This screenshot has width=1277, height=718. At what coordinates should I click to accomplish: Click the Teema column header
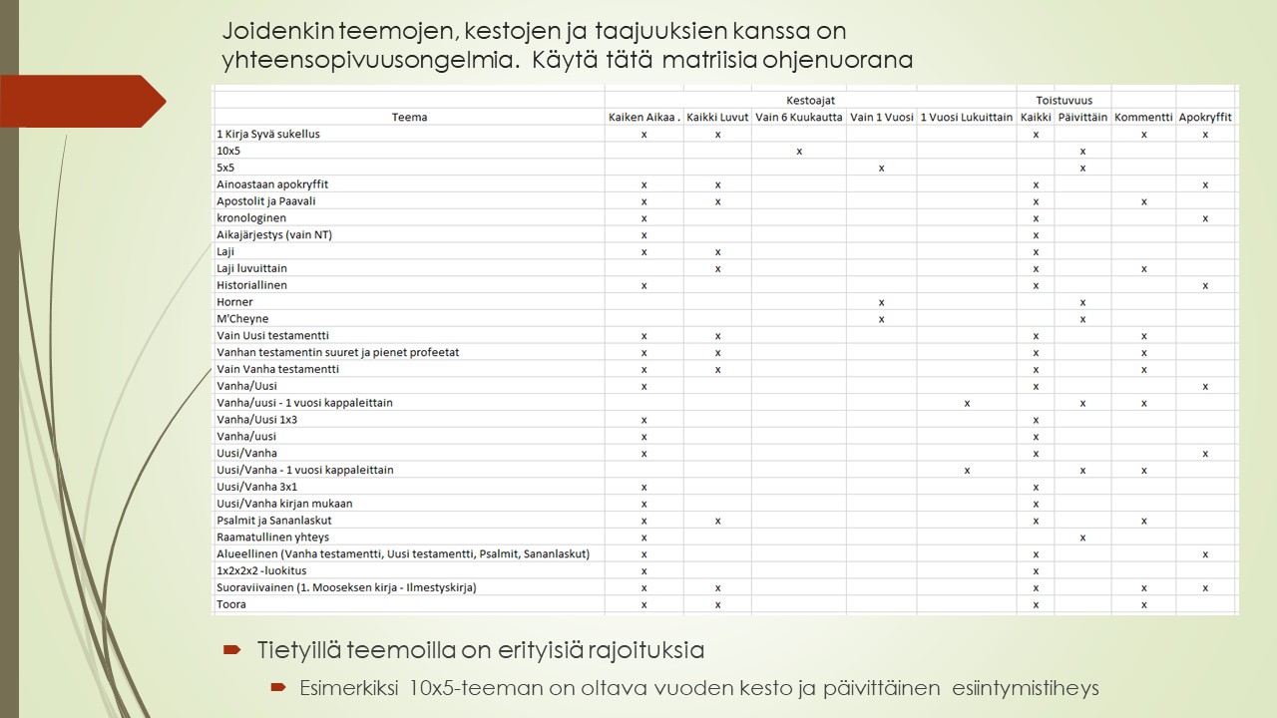409,117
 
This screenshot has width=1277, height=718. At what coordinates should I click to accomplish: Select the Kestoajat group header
810,100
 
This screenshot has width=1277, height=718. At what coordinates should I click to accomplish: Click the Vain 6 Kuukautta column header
799,117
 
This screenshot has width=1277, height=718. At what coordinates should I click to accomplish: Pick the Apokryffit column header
1205,117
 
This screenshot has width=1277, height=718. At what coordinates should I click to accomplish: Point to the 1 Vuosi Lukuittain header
967,117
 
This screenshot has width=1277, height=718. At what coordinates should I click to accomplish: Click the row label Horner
235,302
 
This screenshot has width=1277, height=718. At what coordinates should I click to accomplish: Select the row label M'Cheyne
242,319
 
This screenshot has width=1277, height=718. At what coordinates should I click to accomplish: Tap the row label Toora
231,604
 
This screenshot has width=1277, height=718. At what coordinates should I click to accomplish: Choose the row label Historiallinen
251,285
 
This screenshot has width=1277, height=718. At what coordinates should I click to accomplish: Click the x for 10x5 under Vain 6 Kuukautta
800,151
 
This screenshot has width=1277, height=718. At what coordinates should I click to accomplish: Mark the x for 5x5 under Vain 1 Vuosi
882,168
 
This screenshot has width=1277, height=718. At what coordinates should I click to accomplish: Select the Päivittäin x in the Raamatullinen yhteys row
1082,538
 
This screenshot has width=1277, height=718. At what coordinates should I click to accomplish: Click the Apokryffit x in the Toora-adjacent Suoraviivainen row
1205,587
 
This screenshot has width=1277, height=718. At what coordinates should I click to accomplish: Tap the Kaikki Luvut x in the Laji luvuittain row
718,268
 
